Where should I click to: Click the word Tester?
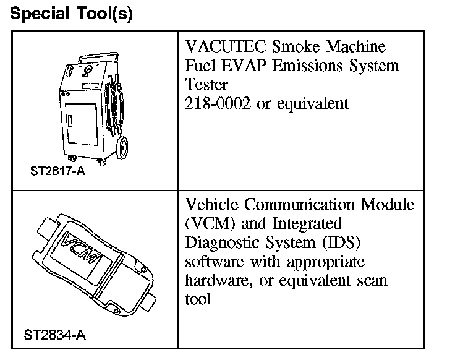pos(206,85)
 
